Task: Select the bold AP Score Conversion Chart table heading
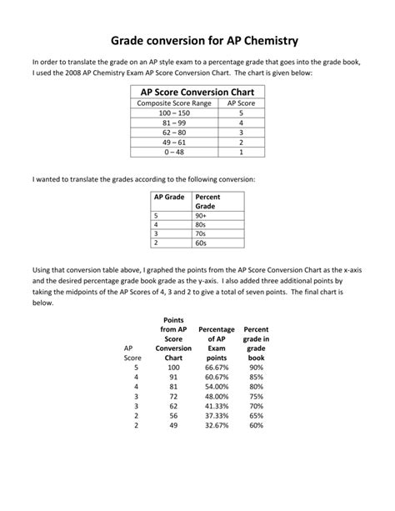pyautogui.click(x=197, y=92)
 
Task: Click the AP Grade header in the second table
pyautogui.click(x=169, y=197)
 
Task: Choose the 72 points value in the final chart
pyautogui.click(x=173, y=396)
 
